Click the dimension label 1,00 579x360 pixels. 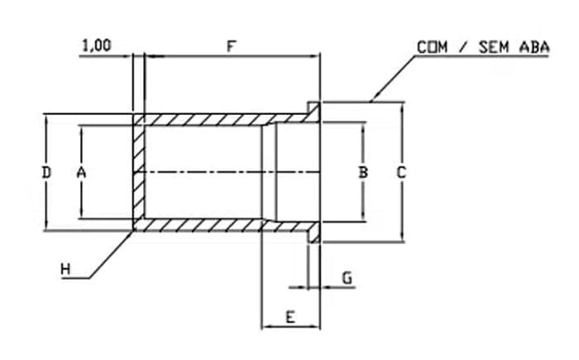96,46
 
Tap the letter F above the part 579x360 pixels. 231,46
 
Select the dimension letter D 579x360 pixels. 46,172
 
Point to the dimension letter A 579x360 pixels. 81,172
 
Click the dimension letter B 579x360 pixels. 363,172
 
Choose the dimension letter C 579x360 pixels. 401,172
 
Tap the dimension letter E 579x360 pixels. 290,317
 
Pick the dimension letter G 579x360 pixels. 347,278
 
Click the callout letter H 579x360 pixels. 65,269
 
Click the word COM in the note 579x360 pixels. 433,47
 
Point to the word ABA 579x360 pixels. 534,47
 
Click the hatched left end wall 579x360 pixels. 139,172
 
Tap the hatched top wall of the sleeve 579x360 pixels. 222,119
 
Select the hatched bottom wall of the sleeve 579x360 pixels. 222,225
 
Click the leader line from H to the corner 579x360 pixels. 111,254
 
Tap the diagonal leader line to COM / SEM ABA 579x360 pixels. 393,79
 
